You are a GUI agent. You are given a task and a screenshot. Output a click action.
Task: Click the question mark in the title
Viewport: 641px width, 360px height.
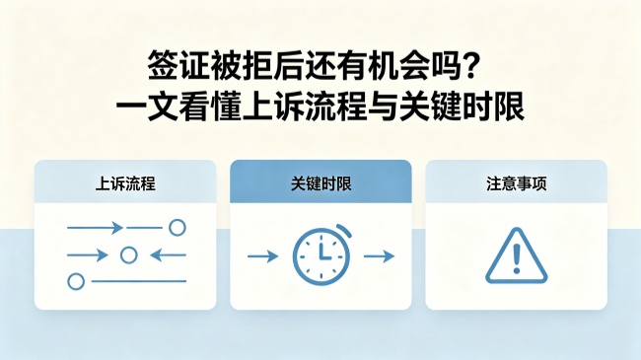pos(470,65)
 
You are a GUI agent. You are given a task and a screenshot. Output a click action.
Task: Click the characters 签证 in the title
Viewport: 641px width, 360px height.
pos(178,66)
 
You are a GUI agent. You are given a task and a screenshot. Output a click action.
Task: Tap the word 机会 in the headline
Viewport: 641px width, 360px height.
pos(398,66)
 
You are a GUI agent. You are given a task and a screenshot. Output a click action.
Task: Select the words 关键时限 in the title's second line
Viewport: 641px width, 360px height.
pos(462,107)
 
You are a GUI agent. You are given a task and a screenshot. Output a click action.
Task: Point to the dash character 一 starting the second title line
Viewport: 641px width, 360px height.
pos(131,108)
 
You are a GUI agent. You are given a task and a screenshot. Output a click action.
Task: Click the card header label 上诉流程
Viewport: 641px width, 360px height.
pos(125,183)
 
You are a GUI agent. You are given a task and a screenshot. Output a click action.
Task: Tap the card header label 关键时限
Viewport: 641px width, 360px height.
pos(320,183)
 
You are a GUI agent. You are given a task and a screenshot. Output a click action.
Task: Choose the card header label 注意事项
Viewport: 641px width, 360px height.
pos(517,183)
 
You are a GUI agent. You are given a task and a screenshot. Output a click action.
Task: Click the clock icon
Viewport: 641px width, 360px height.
pos(321,254)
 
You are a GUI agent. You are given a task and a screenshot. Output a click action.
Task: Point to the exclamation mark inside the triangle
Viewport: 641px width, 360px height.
pos(517,258)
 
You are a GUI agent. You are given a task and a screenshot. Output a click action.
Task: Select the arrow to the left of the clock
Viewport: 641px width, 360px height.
pos(263,256)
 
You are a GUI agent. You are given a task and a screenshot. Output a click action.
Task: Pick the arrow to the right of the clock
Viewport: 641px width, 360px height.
pos(379,256)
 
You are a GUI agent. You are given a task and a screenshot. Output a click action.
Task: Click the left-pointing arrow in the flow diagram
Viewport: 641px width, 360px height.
pos(168,255)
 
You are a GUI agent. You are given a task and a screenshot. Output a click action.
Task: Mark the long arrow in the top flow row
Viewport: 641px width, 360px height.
pos(95,228)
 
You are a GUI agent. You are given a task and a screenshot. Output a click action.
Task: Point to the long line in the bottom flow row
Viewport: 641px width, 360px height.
pos(139,281)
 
